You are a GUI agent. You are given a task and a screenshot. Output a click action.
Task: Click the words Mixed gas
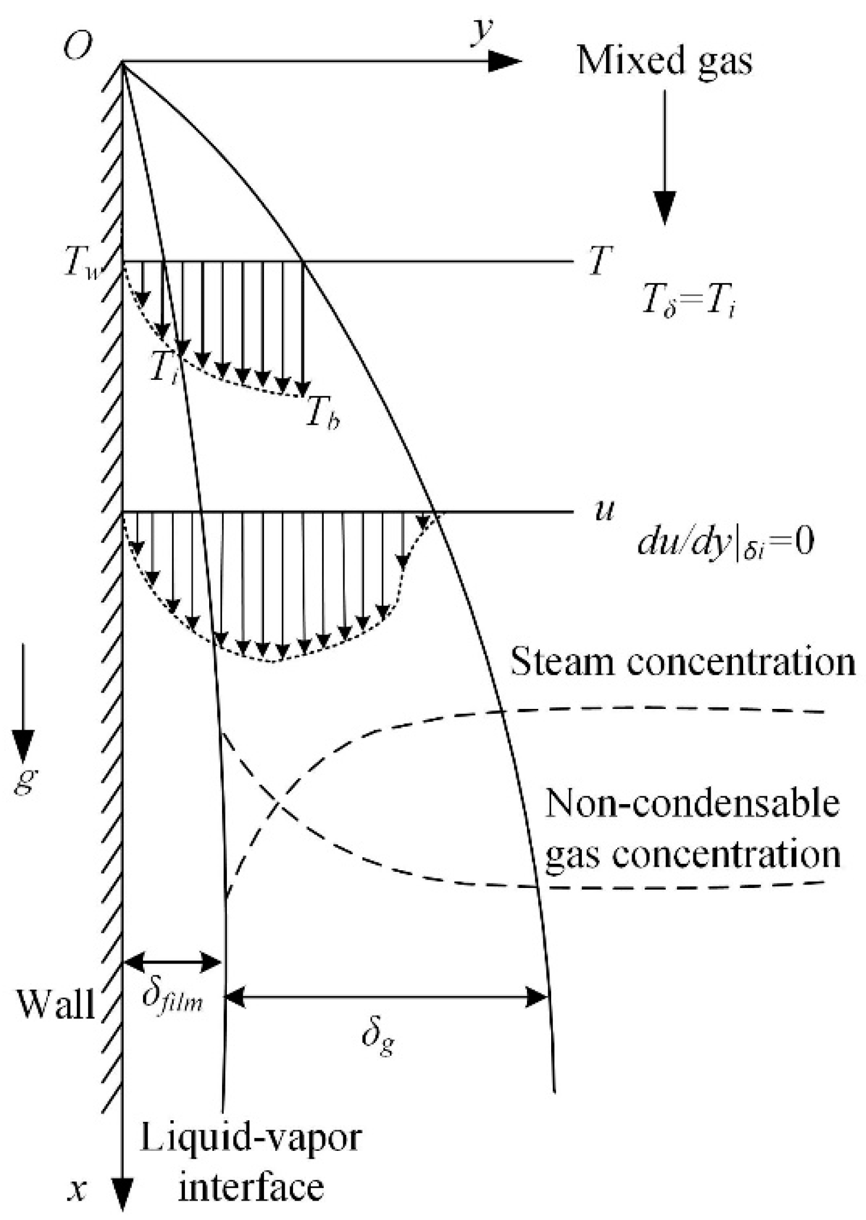pos(665,61)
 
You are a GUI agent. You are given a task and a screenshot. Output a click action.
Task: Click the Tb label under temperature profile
pos(322,417)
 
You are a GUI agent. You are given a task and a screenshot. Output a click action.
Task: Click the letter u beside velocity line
pos(603,509)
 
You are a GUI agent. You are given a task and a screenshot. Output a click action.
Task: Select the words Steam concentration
pos(682,662)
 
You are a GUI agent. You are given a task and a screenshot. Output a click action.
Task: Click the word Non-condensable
pos(691,803)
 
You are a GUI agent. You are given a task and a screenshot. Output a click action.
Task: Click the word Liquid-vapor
pos(250,1137)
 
